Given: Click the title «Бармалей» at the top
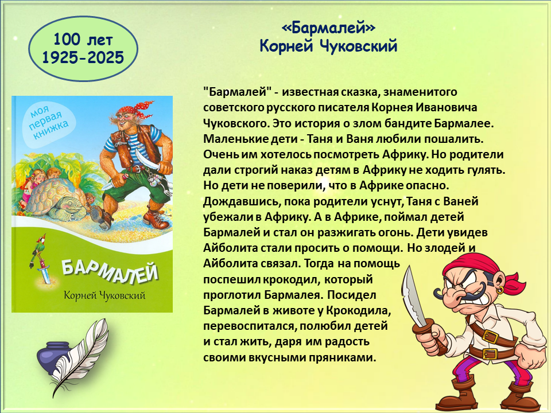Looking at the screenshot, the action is [328, 28].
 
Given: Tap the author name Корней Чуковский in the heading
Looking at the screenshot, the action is [328, 46].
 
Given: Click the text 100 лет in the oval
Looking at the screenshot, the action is [83, 40].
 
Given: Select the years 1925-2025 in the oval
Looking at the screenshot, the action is [83, 57].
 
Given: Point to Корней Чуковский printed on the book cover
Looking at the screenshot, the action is [104, 295].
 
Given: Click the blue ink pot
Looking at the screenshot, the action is [52, 356].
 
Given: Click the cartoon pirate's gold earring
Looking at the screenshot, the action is [500, 290].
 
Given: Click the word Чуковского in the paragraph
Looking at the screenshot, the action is [236, 124].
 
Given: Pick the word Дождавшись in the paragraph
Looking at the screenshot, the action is [242, 202].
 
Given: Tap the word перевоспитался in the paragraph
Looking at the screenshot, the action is [250, 326].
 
